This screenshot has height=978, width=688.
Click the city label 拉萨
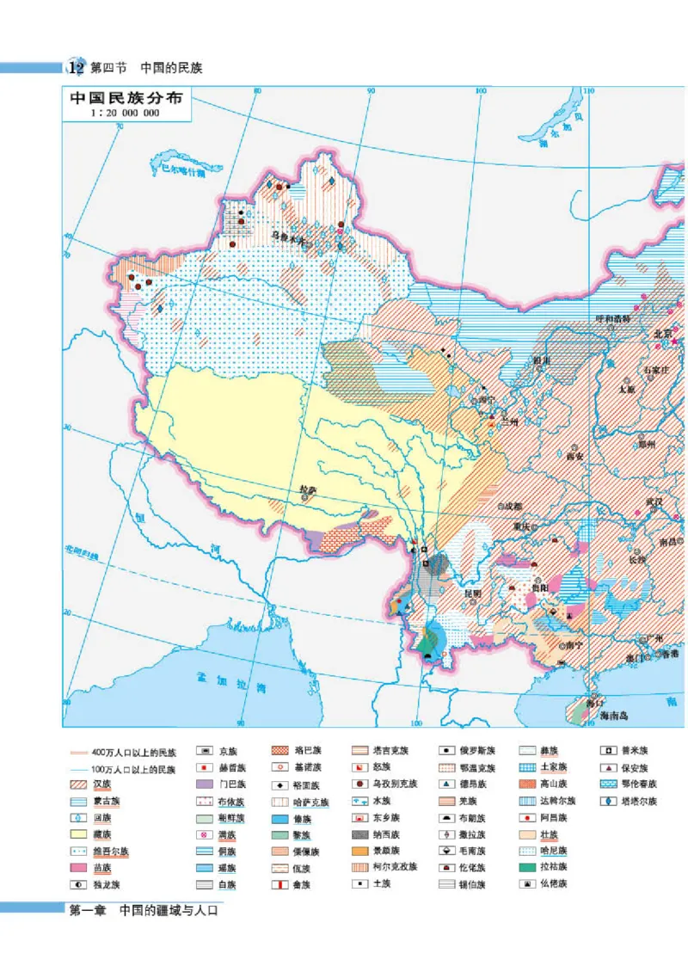tap(308, 490)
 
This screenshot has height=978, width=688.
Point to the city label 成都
tap(513, 506)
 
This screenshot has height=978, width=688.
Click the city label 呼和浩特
tap(613, 318)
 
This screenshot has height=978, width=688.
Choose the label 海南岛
tap(616, 716)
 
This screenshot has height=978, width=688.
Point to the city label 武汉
tap(655, 501)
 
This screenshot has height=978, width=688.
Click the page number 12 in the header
tap(76, 67)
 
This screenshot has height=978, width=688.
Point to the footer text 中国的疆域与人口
tap(169, 910)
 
